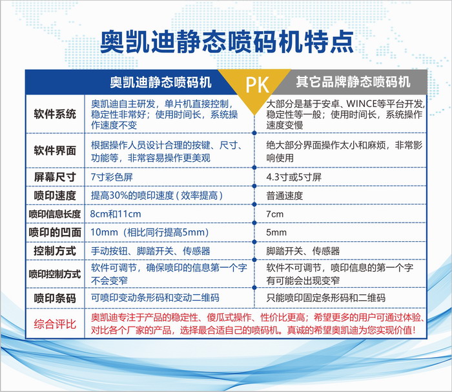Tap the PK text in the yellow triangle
click(257, 85)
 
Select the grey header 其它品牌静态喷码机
click(353, 82)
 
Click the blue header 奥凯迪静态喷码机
click(161, 82)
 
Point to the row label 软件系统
click(55, 114)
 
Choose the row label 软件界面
click(55, 151)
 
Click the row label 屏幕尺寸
click(55, 177)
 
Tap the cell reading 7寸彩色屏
click(112, 177)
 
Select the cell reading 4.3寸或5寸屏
click(294, 177)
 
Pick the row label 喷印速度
click(55, 195)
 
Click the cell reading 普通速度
click(285, 195)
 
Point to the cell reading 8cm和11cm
click(116, 214)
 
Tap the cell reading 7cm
click(274, 214)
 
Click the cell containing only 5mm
click(276, 232)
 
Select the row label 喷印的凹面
click(55, 232)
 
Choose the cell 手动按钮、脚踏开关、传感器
click(150, 251)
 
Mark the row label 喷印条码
click(55, 298)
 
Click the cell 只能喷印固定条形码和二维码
click(325, 298)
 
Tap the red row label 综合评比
click(55, 324)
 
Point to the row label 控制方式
click(55, 251)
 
